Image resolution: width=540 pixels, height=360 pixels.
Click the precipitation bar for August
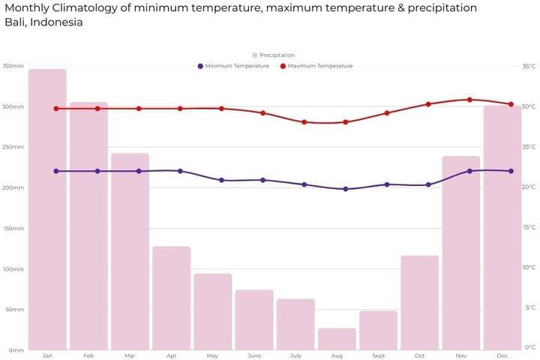point(337,339)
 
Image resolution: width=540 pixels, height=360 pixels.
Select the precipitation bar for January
point(48,209)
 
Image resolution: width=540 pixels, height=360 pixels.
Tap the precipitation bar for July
point(295,324)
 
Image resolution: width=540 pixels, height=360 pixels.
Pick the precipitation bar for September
point(378,330)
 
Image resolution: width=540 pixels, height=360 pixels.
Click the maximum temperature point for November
point(469,100)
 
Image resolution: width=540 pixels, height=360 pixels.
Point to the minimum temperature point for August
point(346,189)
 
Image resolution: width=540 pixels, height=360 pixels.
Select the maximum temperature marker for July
point(304,122)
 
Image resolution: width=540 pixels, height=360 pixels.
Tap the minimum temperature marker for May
point(221,181)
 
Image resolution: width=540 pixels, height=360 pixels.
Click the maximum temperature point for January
point(55,109)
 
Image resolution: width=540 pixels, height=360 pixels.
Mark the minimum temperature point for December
point(511,171)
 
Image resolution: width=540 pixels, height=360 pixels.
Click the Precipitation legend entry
point(273,55)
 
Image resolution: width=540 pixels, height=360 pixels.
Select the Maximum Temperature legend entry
point(316,66)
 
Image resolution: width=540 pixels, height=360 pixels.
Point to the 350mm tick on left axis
point(13,66)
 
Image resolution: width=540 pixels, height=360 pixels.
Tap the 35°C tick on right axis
point(529,66)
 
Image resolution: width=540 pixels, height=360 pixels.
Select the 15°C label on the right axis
point(529,227)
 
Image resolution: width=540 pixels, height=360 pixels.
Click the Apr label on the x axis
point(171,355)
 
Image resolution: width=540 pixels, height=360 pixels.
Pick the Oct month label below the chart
point(419,355)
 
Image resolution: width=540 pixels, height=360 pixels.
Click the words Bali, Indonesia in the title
point(43,22)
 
